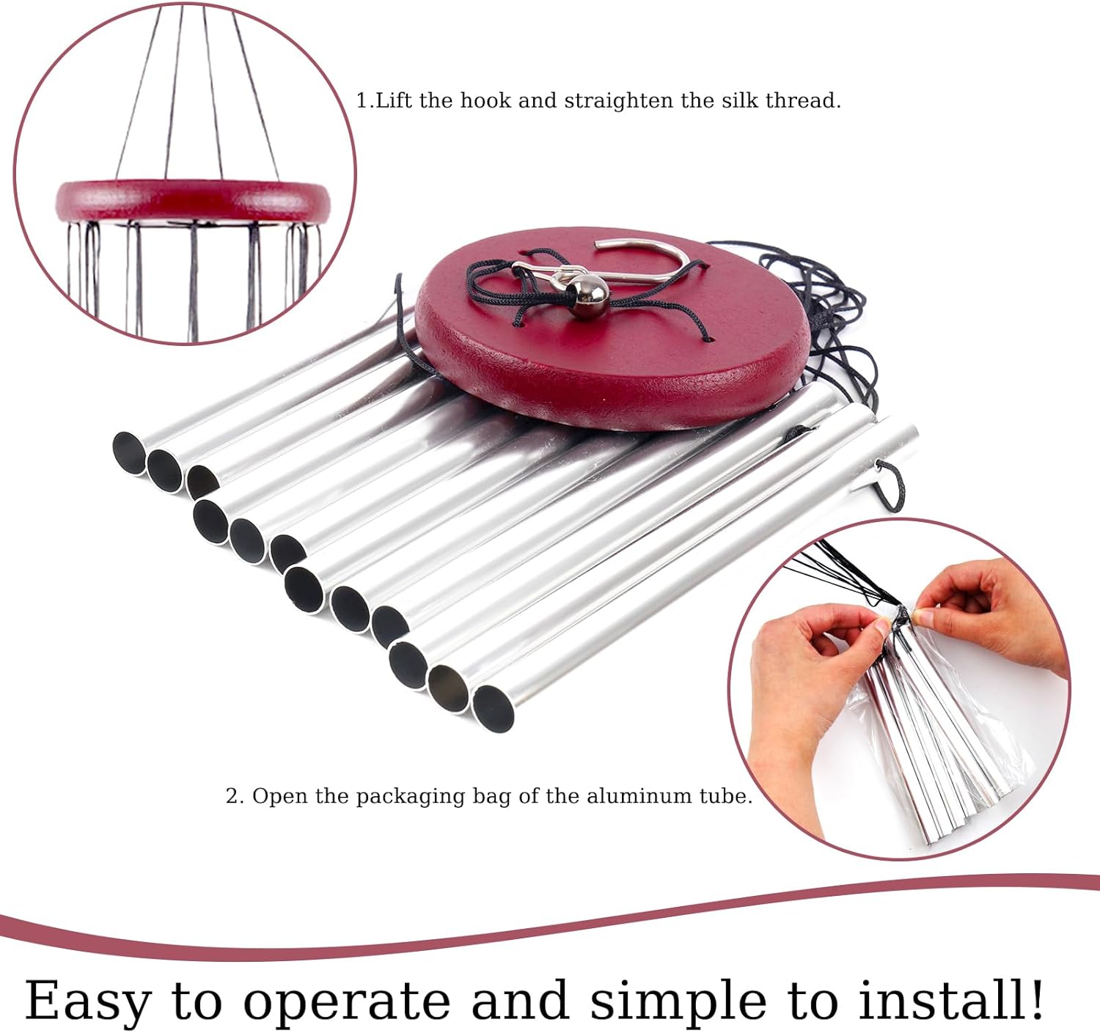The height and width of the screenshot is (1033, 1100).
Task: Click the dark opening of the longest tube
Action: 492,708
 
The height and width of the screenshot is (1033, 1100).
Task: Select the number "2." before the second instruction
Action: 234,796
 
